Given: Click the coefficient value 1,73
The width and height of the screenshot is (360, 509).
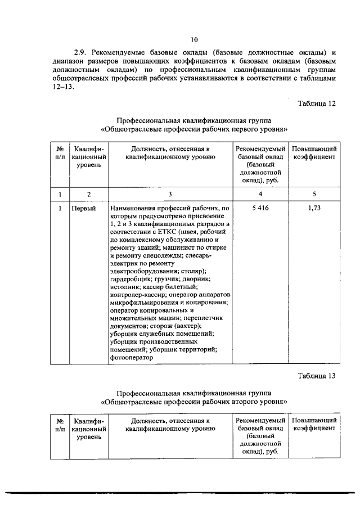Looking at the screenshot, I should [314, 208].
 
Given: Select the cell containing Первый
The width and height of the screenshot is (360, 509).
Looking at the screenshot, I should [84, 208].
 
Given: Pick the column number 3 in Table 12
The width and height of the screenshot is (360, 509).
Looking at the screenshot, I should [170, 193].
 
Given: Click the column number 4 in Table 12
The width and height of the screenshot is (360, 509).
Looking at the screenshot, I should [259, 193].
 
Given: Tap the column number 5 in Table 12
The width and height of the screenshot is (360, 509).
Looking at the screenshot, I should [314, 193].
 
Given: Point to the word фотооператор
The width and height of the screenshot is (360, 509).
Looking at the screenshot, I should [132, 357].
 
